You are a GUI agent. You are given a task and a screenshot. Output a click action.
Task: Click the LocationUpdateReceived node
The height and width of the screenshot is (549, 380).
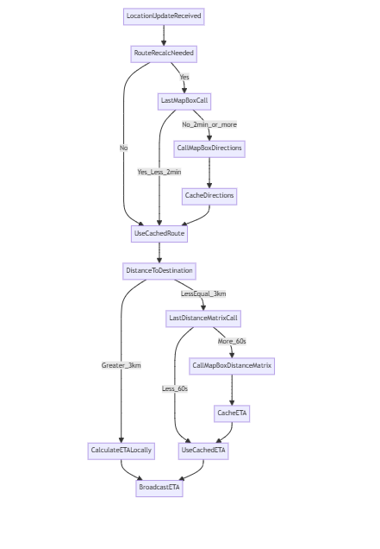(164, 16)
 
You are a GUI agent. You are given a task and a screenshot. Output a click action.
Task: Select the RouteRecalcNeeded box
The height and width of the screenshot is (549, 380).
(164, 54)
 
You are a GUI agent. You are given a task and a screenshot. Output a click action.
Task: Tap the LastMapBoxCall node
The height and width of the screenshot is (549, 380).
(184, 101)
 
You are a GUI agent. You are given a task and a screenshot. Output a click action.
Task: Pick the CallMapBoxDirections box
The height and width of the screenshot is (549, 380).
(209, 148)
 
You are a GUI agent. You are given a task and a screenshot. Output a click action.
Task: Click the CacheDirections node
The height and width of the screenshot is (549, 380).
(209, 196)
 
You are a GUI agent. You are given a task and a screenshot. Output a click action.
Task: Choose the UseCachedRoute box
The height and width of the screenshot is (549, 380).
(159, 233)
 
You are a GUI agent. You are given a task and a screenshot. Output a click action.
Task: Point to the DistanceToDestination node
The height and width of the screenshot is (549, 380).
(159, 271)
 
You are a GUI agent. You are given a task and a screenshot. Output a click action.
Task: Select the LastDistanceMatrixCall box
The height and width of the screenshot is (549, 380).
(203, 319)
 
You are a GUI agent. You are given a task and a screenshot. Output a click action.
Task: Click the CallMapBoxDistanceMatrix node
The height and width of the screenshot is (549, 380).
(232, 366)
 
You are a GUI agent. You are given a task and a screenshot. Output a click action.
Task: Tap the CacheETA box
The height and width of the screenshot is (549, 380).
(232, 413)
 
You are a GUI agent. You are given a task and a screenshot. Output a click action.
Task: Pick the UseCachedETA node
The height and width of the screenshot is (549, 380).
(204, 451)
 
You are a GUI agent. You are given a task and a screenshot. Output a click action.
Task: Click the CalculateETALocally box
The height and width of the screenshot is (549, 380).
(121, 451)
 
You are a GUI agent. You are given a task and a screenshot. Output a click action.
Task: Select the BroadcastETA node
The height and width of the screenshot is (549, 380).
(159, 488)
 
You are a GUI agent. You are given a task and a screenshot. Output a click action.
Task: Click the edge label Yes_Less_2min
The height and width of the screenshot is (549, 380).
(159, 172)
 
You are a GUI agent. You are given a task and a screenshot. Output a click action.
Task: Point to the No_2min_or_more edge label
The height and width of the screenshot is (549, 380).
(209, 124)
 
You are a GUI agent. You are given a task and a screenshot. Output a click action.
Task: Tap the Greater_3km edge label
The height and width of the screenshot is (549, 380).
(121, 365)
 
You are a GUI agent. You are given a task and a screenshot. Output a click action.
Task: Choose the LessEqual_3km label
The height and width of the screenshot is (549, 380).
(203, 293)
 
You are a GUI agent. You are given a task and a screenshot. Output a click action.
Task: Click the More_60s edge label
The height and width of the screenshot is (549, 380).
(232, 341)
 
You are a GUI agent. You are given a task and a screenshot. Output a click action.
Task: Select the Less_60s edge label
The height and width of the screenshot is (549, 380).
(175, 388)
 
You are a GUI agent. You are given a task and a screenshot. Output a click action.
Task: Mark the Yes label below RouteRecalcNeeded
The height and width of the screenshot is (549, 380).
(184, 77)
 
